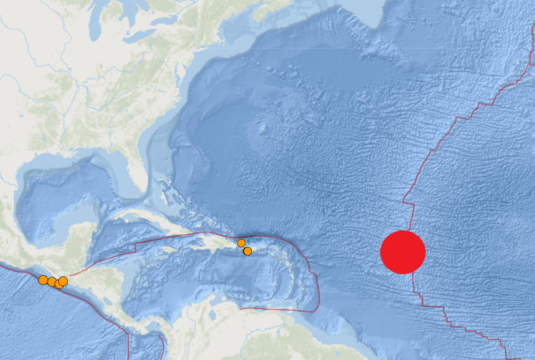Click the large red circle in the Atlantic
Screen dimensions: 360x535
[403, 252]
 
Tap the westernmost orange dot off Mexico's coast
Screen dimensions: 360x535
[43, 279]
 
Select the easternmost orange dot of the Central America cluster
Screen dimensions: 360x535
[63, 281]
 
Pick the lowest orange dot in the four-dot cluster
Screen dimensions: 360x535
[59, 284]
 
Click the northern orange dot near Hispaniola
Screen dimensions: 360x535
[241, 243]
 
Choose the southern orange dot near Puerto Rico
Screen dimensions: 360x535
[247, 251]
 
